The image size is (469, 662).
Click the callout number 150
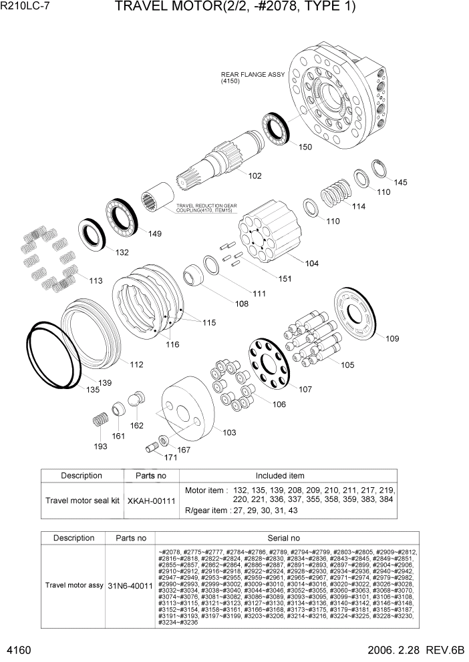click(x=305, y=147)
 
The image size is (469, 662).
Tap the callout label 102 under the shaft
click(x=255, y=176)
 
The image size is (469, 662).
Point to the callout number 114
click(x=359, y=207)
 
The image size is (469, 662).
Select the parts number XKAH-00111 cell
click(x=152, y=500)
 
